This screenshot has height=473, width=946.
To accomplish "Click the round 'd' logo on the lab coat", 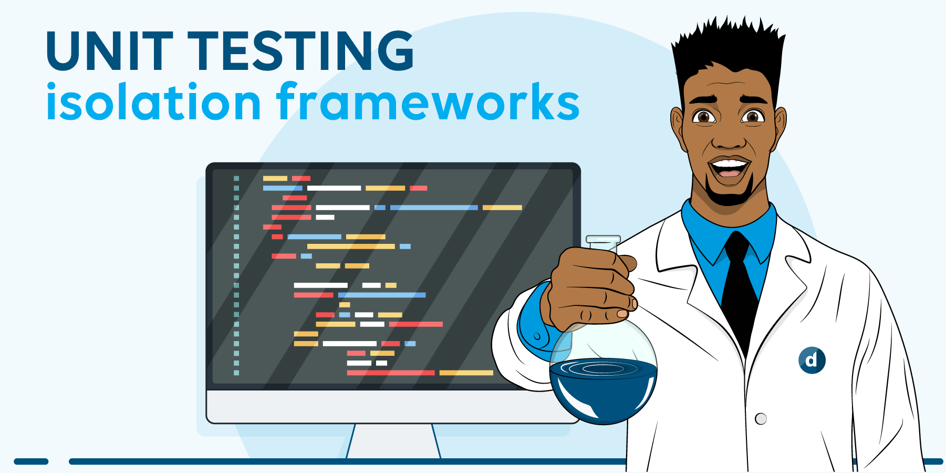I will click(812, 360).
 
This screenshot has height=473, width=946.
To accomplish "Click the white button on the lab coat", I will click(761, 419).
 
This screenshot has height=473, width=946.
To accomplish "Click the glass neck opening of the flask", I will click(603, 240).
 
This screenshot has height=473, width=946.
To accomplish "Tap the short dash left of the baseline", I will click(31, 461).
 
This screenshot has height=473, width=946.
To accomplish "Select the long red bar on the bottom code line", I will click(391, 373).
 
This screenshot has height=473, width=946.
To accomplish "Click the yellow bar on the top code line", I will click(275, 179).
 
